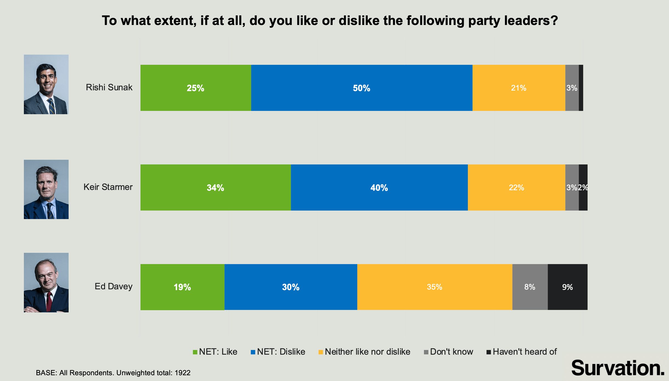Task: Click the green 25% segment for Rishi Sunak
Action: pyautogui.click(x=195, y=88)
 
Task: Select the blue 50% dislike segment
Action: pyautogui.click(x=361, y=88)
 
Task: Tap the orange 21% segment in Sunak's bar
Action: pyautogui.click(x=519, y=88)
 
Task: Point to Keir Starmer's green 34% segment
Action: pyautogui.click(x=215, y=187)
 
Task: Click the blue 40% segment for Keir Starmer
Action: pyautogui.click(x=379, y=187)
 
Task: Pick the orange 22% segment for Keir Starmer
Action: pyautogui.click(x=516, y=187)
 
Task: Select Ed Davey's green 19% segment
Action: pyautogui.click(x=182, y=287)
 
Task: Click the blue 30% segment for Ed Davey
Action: pyautogui.click(x=291, y=287)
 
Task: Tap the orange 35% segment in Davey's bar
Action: pyautogui.click(x=434, y=287)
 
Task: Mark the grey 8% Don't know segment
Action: pyautogui.click(x=530, y=287)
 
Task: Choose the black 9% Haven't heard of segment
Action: pyautogui.click(x=567, y=287)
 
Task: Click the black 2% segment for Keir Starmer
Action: pyautogui.click(x=583, y=187)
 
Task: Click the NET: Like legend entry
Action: pyautogui.click(x=215, y=352)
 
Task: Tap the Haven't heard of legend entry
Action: pyautogui.click(x=522, y=352)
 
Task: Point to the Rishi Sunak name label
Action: pyautogui.click(x=109, y=87)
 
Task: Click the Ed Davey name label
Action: pyautogui.click(x=113, y=286)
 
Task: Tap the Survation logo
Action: pyautogui.click(x=617, y=368)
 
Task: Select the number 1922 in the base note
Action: pyautogui.click(x=182, y=373)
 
